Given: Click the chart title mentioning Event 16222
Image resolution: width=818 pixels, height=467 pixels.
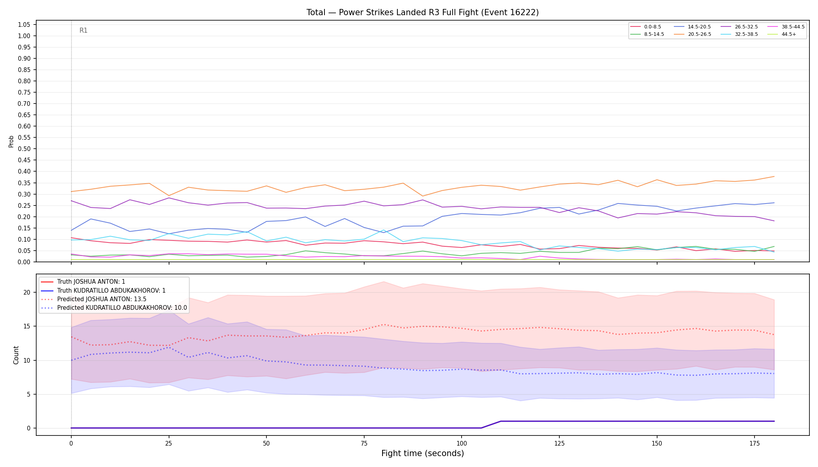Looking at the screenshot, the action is coord(423,12).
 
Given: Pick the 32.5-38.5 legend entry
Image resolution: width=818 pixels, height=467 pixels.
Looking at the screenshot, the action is coord(739,34).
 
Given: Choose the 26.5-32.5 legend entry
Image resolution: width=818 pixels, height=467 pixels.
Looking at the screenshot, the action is coord(739,27).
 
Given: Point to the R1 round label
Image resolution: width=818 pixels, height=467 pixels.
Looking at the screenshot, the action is coord(83,30).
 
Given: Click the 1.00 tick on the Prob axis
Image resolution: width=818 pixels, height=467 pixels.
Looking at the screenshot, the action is coord(24,36).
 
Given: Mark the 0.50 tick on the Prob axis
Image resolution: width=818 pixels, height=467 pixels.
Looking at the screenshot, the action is coord(24,149).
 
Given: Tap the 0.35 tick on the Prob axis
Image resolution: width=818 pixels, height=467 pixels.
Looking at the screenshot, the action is coord(24,183).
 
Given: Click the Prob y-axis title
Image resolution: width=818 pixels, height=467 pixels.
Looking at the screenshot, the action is coord(11,141).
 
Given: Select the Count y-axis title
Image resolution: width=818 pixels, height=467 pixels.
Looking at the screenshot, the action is coord(16,355).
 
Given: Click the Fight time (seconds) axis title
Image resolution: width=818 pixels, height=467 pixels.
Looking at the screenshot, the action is coord(423,453).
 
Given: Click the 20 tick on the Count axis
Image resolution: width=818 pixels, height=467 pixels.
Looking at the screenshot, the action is coord(27,292).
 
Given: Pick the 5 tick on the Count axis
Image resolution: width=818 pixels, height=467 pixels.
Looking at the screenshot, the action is coord(28,394).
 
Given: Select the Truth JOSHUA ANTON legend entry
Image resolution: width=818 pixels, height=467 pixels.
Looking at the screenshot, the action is coord(83,282).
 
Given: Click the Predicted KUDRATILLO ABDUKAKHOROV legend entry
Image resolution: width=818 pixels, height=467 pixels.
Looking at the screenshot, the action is coord(114,308).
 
